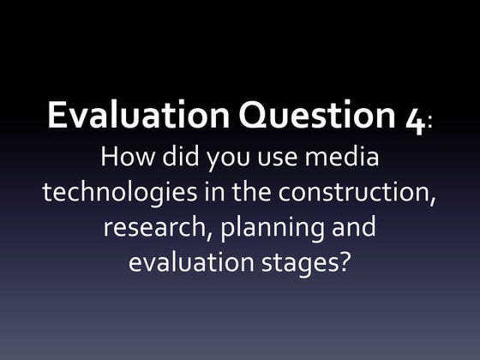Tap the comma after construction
click(430, 201)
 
